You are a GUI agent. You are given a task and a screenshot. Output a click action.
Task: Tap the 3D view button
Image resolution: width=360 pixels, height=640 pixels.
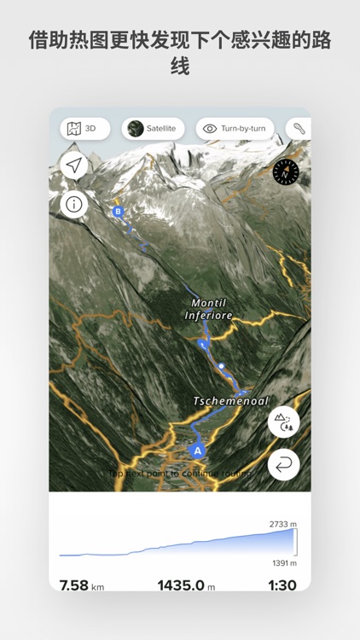84,129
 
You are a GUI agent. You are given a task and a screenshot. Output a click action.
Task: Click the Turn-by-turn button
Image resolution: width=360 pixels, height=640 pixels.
235,129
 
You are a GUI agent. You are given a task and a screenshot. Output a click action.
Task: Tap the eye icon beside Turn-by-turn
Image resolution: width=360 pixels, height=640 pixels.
210,129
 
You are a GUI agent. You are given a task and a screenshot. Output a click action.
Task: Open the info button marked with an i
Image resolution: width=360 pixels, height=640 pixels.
74,204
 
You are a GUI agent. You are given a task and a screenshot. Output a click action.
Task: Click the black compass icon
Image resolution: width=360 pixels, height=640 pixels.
286,172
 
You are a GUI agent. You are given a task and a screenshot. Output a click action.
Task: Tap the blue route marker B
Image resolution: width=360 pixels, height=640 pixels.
118,211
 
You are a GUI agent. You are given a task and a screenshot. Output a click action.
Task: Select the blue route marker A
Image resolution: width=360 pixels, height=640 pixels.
198,451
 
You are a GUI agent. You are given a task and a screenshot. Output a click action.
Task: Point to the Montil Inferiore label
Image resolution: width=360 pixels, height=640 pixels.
208,309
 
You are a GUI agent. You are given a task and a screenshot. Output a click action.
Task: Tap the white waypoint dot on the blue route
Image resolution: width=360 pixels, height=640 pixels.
221,366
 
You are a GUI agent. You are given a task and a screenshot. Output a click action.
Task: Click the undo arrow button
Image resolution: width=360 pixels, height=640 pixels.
283,465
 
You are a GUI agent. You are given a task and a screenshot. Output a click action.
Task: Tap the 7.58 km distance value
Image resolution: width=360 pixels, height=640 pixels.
81,585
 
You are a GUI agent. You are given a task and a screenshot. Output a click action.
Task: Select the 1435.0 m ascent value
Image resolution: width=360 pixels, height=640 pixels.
186,585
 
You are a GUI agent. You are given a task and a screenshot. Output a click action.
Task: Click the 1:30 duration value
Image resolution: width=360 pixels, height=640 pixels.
281,585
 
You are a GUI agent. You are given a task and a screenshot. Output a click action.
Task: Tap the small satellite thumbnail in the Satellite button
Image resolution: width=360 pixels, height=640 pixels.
135,129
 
